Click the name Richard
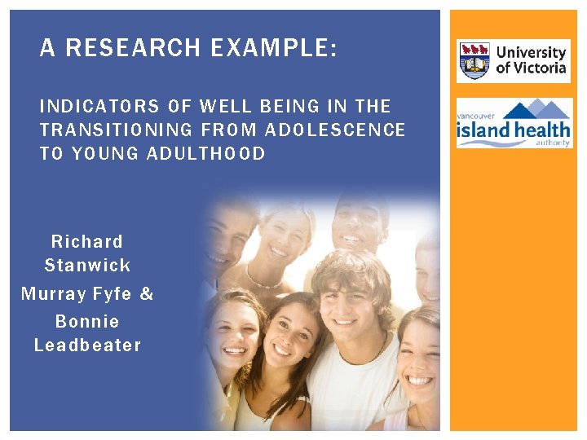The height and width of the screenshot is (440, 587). click(87, 241)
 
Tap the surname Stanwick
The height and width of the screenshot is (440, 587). click(87, 266)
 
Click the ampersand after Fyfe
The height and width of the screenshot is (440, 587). click(147, 293)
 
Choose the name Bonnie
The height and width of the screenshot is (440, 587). click(87, 321)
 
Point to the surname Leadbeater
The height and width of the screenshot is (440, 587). click(87, 345)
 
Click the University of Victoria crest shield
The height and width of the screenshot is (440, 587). click(474, 60)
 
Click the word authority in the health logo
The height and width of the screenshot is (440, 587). click(554, 144)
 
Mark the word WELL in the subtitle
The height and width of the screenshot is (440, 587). click(223, 106)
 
